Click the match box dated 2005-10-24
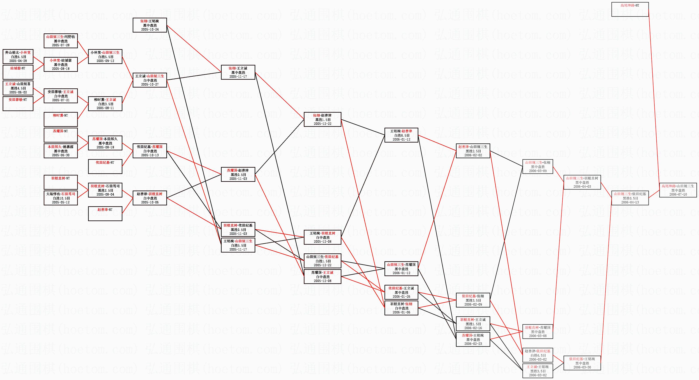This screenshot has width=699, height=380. tap(150, 25)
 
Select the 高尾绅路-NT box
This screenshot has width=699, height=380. tap(630, 9)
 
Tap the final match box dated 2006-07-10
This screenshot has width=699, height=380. tap(678, 190)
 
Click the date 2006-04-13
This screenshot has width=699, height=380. tap(630, 202)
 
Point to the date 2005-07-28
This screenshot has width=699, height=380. tap(61, 45)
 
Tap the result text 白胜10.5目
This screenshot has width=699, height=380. tap(61, 198)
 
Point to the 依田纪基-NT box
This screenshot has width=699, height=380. tap(105, 166)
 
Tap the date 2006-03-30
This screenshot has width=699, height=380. tap(582, 367)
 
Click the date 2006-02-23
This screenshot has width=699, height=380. tap(473, 344)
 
